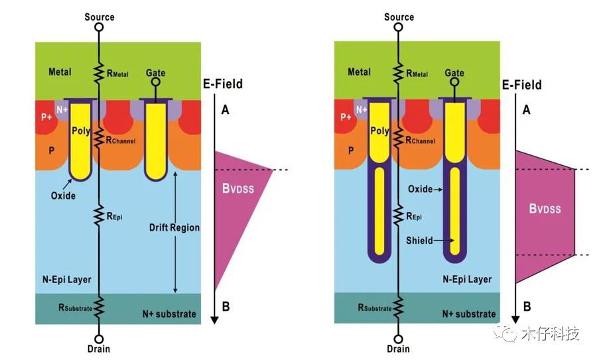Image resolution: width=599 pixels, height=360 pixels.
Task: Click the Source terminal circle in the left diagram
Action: click(x=99, y=27)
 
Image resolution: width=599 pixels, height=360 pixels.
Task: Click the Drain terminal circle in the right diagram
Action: click(x=398, y=336)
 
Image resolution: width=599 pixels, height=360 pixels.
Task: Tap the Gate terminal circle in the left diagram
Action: click(x=156, y=83)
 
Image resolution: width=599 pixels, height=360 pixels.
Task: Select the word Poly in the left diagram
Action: click(x=81, y=131)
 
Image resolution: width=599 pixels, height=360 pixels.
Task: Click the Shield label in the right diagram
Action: click(x=420, y=241)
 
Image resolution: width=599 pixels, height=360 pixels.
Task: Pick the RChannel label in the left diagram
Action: click(x=119, y=140)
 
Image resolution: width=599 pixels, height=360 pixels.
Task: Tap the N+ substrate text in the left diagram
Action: click(x=169, y=313)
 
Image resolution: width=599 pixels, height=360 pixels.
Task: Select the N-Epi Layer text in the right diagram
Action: click(x=467, y=279)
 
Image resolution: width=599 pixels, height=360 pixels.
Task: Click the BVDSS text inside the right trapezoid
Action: click(x=545, y=208)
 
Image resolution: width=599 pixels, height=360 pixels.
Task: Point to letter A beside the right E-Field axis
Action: click(x=526, y=110)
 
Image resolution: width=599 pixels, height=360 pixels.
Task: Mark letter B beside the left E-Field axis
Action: click(x=226, y=306)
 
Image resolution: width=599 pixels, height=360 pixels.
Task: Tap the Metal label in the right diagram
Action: click(x=359, y=72)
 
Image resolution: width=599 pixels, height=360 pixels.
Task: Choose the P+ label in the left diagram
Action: click(x=48, y=117)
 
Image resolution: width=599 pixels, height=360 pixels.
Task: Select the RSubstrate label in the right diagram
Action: click(x=375, y=307)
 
